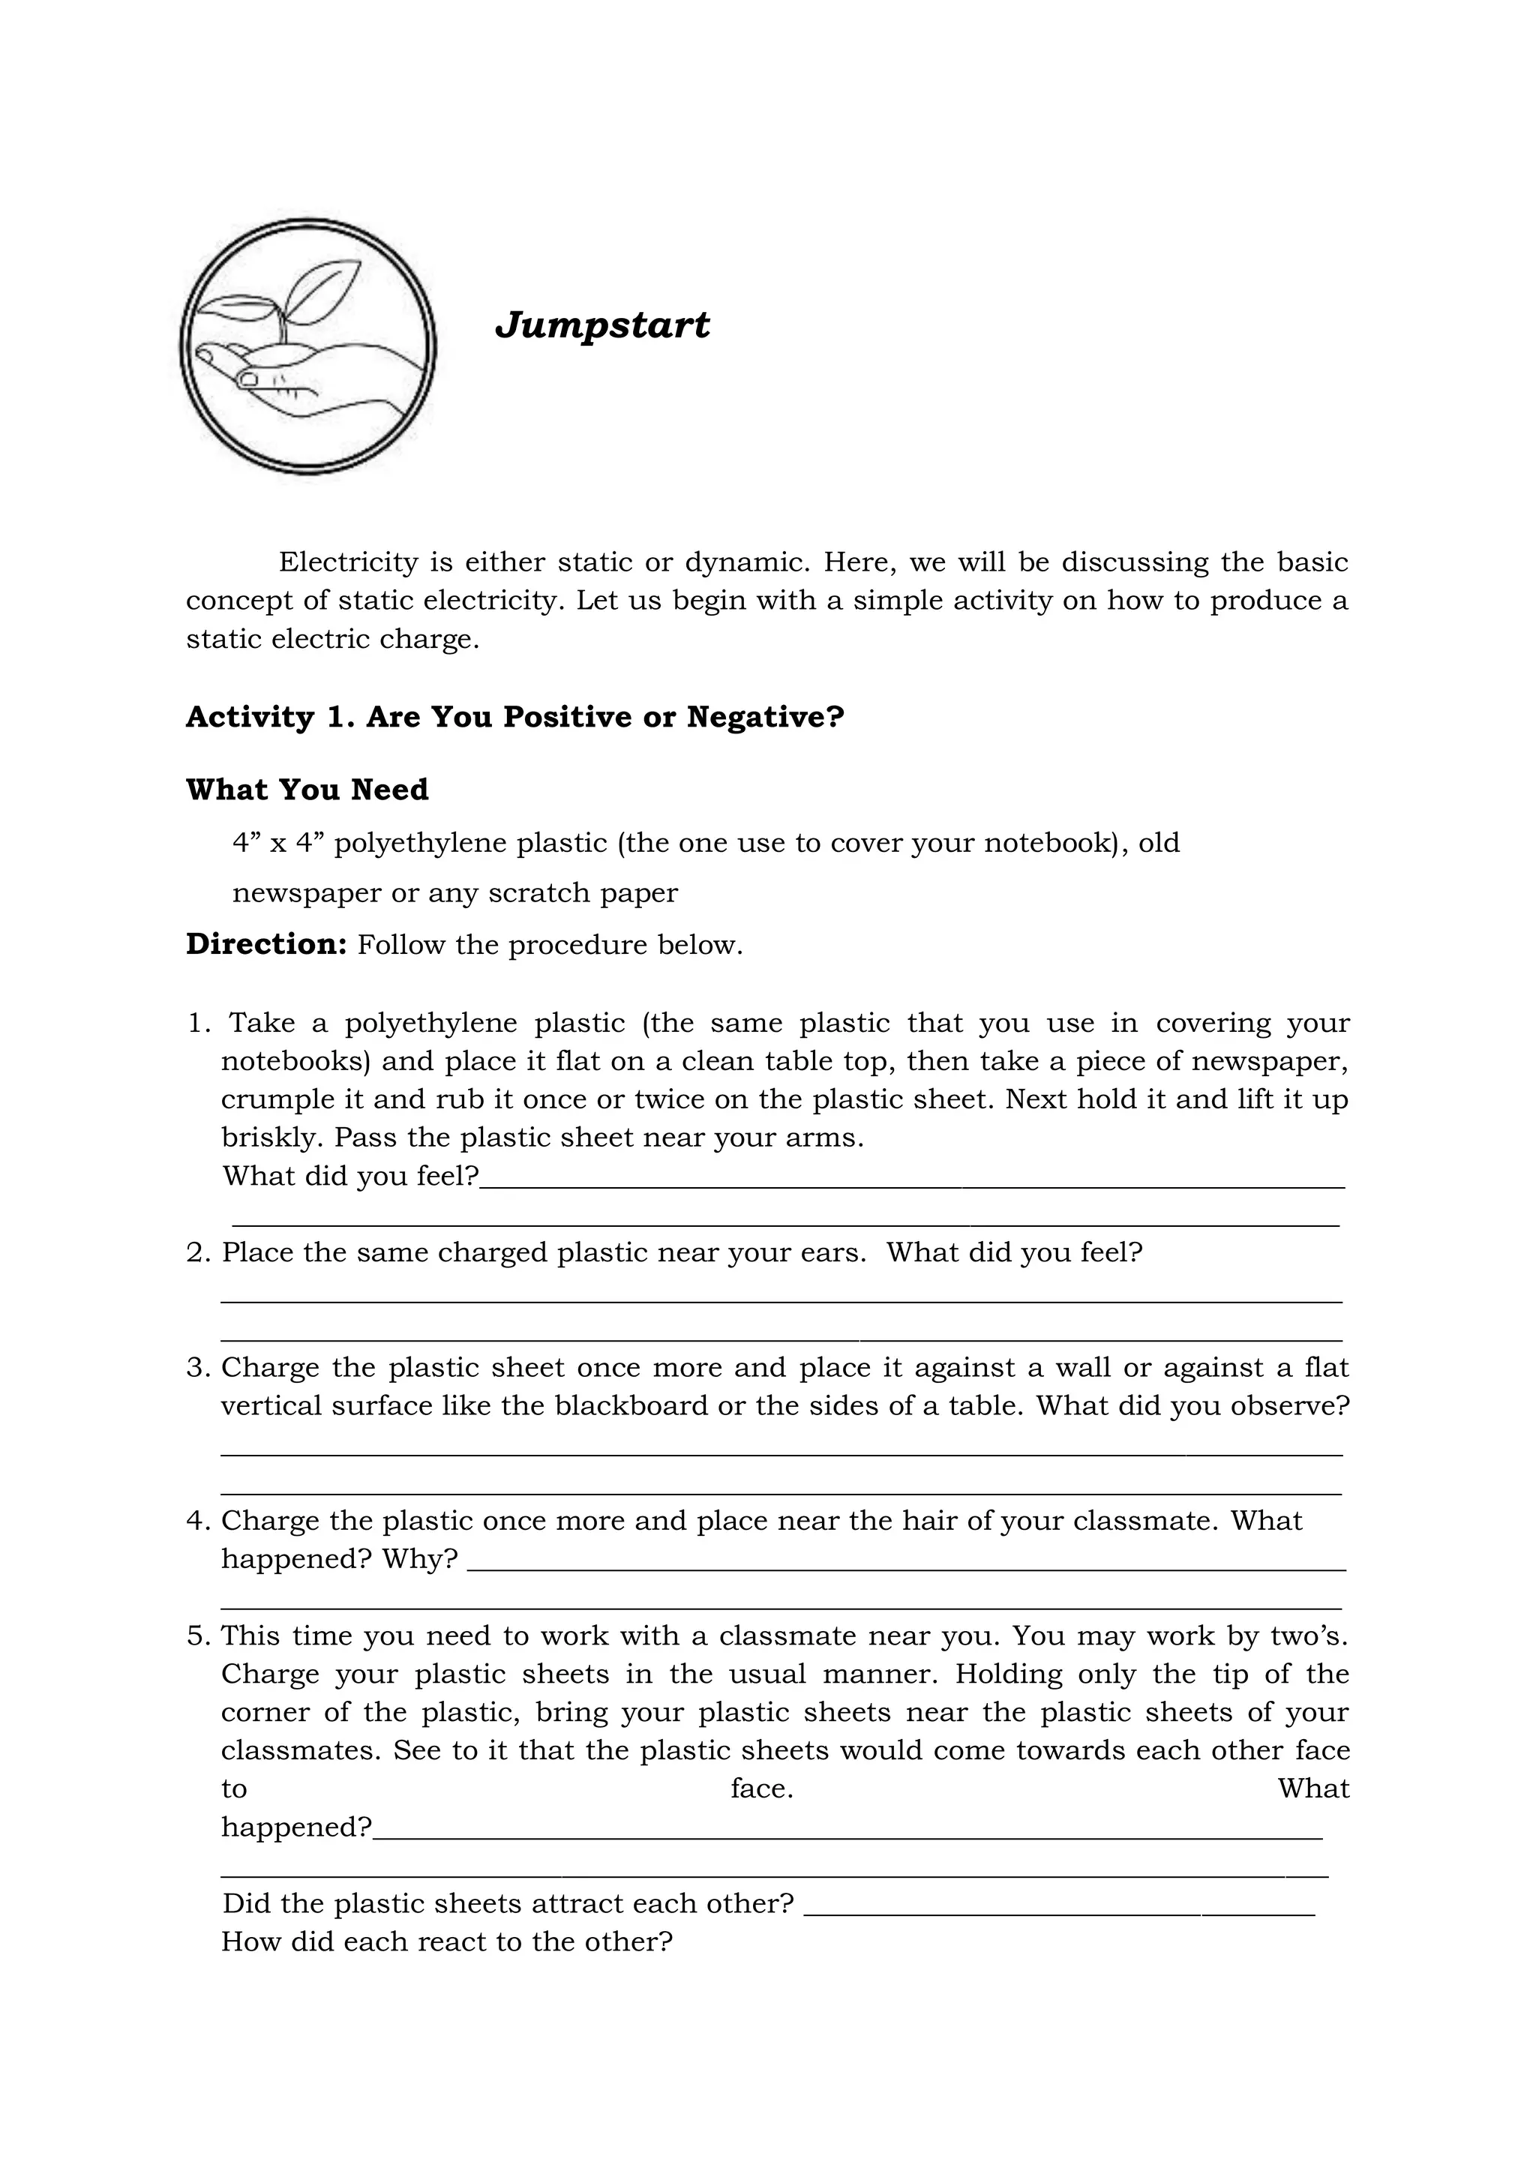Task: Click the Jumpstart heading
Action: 602,325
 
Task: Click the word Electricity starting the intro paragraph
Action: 348,562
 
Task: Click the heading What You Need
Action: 307,790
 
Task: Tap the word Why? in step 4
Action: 420,1559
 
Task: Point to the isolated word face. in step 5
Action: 761,1789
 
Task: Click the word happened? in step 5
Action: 296,1828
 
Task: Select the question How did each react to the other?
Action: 446,1942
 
